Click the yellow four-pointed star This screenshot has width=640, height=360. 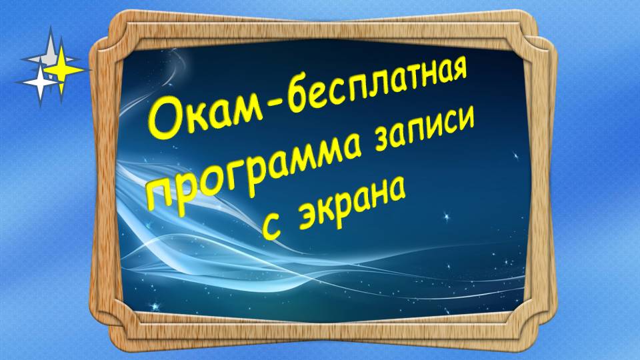click(x=63, y=70)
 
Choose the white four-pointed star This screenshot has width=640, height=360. click(x=39, y=82)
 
